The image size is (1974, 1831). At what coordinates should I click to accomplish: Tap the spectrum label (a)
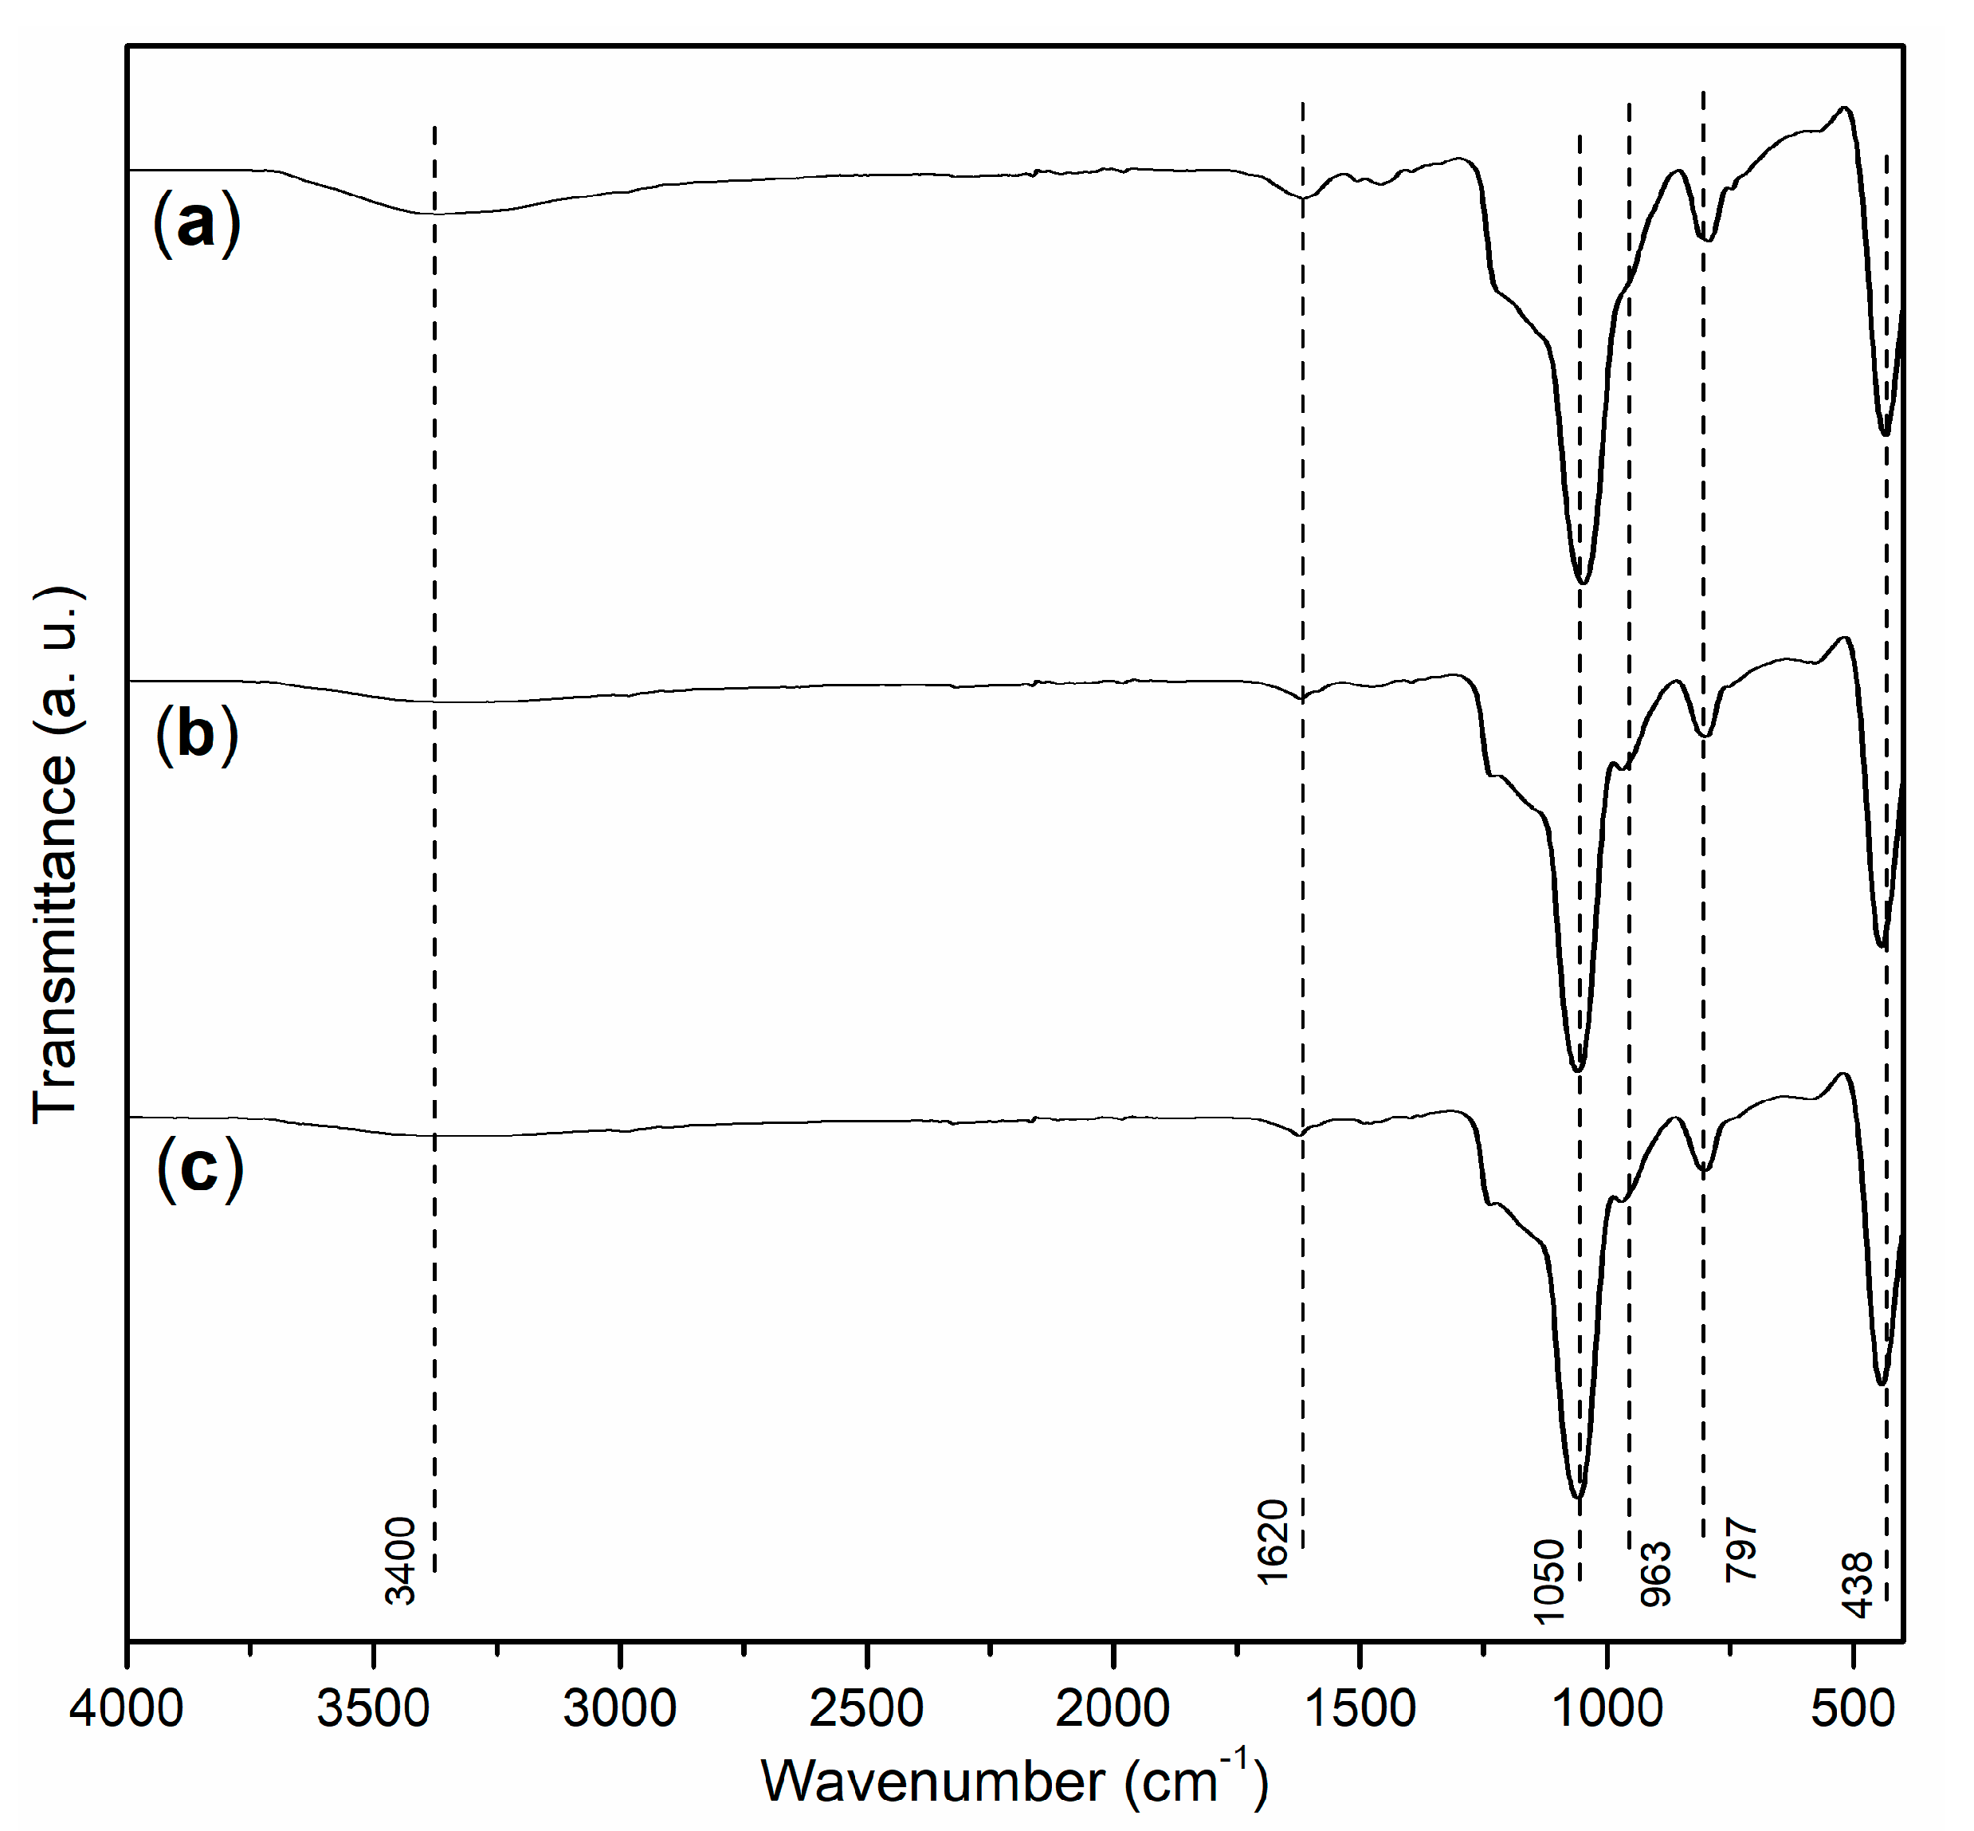(196, 224)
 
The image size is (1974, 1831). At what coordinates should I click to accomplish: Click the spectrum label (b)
(196, 734)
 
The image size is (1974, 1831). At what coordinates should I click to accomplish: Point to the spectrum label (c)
(199, 1171)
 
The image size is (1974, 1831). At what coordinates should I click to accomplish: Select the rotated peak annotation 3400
(401, 1561)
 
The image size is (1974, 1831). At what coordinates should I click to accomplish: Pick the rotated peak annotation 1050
(1549, 1581)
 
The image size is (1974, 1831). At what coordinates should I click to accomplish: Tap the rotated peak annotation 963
(1656, 1574)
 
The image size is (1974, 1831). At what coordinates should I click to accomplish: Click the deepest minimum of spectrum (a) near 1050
(1582, 583)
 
